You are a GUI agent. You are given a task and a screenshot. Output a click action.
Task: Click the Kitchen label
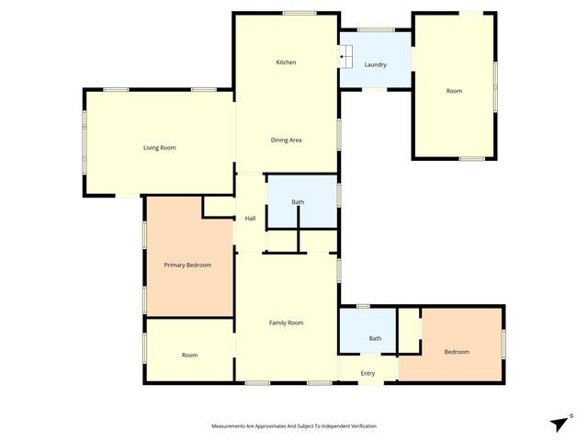(x=287, y=62)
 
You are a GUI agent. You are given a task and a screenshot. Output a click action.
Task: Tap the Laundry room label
(x=375, y=64)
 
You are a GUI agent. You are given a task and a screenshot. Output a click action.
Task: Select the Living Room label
(x=159, y=147)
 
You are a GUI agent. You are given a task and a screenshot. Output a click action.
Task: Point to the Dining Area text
(x=287, y=140)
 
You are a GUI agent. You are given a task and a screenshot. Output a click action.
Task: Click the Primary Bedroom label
(x=187, y=265)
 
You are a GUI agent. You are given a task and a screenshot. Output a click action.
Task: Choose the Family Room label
(x=286, y=322)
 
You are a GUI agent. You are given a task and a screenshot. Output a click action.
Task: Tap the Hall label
(x=250, y=218)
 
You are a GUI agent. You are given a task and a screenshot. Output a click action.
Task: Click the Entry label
(x=367, y=373)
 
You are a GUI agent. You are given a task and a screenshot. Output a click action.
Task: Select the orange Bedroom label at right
(x=457, y=352)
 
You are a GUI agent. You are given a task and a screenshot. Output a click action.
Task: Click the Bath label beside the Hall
(x=298, y=202)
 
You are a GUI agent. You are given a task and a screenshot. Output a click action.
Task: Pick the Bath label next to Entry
(x=375, y=338)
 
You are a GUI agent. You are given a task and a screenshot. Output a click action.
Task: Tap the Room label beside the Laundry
(x=454, y=91)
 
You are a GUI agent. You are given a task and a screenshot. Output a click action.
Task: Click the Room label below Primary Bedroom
(x=189, y=355)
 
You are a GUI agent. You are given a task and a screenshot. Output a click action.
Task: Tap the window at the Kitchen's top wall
(x=300, y=13)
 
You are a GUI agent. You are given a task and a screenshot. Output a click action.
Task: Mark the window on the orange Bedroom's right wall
(x=503, y=342)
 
